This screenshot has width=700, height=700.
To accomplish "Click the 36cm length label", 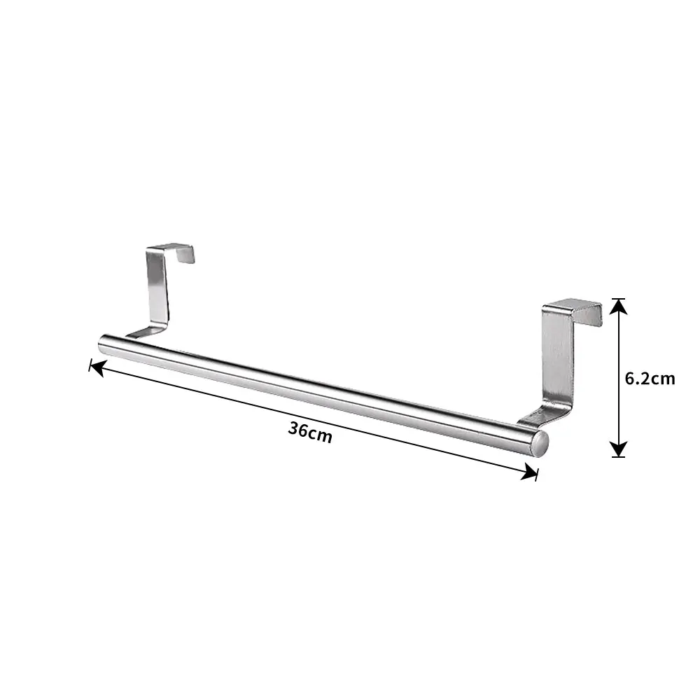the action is click(x=310, y=433).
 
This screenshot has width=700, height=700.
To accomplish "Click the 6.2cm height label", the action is click(x=650, y=379).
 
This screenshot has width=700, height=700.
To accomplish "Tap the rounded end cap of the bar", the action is click(x=540, y=444).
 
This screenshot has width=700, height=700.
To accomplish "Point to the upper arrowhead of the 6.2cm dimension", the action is click(x=618, y=307).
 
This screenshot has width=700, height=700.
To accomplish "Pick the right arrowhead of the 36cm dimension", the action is click(x=530, y=472).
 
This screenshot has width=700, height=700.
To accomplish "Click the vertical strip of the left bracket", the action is click(x=157, y=290).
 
